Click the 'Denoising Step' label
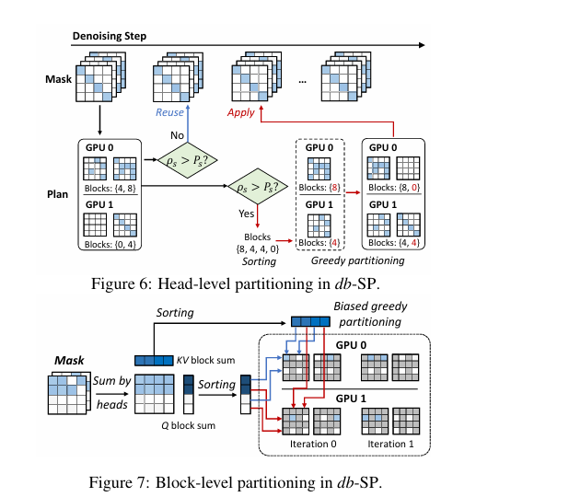[110, 36]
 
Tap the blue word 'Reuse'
[169, 112]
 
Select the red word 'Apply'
[241, 113]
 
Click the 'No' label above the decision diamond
[177, 135]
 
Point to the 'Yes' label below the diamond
[246, 214]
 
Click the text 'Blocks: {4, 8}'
[110, 189]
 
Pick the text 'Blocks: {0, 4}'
[110, 245]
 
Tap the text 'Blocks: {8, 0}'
[394, 188]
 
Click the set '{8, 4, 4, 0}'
[257, 249]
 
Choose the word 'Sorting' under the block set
[259, 261]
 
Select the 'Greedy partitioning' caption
[358, 260]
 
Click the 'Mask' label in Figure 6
[58, 79]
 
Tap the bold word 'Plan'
[58, 194]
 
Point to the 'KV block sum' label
[205, 360]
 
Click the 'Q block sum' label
[189, 425]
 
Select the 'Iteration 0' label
[313, 444]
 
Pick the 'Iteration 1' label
[390, 444]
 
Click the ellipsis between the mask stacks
[302, 82]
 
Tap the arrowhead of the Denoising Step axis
[422, 45]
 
